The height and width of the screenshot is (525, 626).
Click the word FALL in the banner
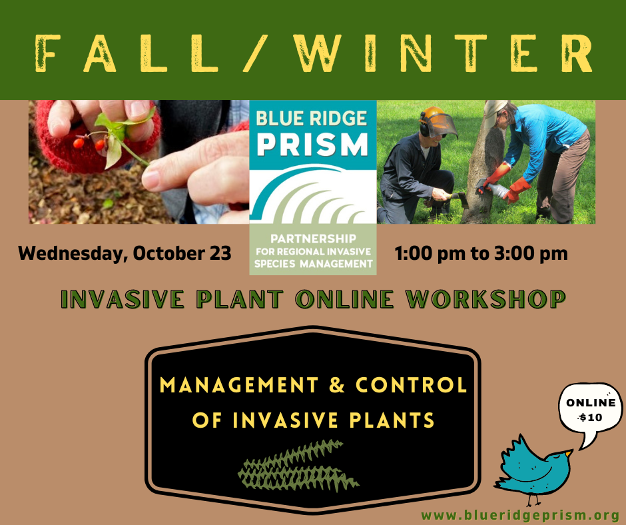(x=127, y=53)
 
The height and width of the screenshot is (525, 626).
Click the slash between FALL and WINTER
(x=256, y=53)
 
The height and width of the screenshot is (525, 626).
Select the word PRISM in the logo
(x=312, y=145)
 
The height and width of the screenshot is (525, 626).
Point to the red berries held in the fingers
(x=89, y=144)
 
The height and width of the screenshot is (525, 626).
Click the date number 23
(x=220, y=253)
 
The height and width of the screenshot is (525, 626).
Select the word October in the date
(x=169, y=253)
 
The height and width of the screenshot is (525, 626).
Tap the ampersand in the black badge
(x=336, y=385)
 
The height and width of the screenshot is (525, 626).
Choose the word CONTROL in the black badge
(x=411, y=385)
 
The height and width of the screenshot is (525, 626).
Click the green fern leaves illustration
(x=298, y=466)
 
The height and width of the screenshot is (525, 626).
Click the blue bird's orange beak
(x=569, y=453)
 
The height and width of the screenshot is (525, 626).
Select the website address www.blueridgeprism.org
(x=521, y=516)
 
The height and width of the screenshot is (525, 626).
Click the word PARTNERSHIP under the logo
(x=313, y=239)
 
